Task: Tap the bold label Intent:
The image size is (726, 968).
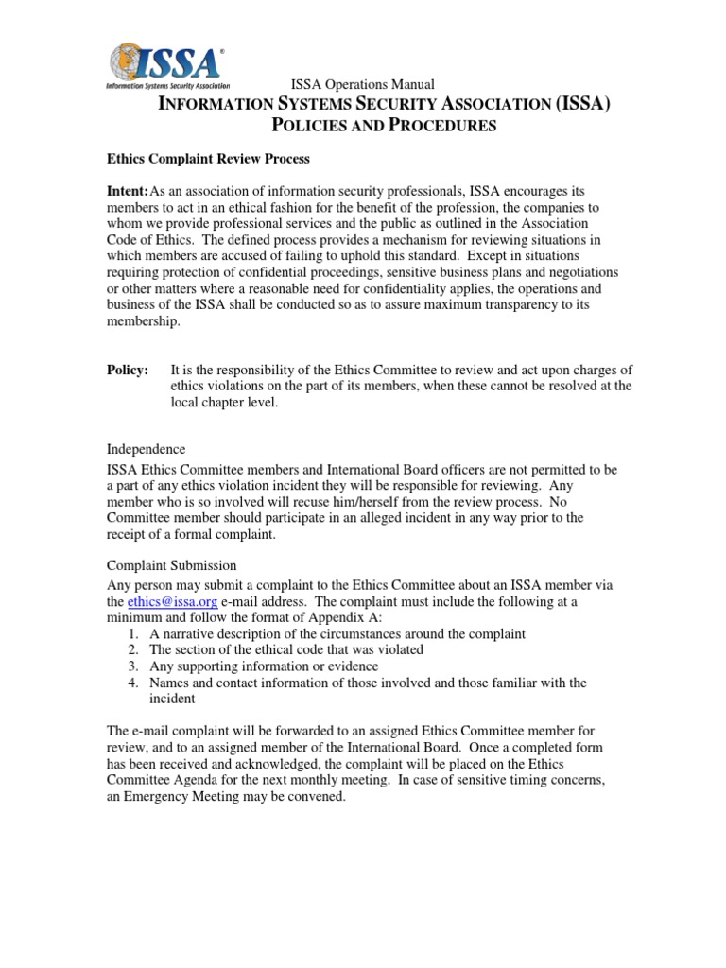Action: click(128, 192)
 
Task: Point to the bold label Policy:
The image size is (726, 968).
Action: click(128, 370)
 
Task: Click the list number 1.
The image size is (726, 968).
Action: click(134, 633)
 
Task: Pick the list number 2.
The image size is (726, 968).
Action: click(134, 649)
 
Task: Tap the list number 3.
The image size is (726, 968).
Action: click(134, 665)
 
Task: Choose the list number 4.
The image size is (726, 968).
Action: click(134, 682)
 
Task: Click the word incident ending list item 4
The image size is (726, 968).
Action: click(172, 699)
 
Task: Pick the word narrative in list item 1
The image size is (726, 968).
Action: click(189, 633)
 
